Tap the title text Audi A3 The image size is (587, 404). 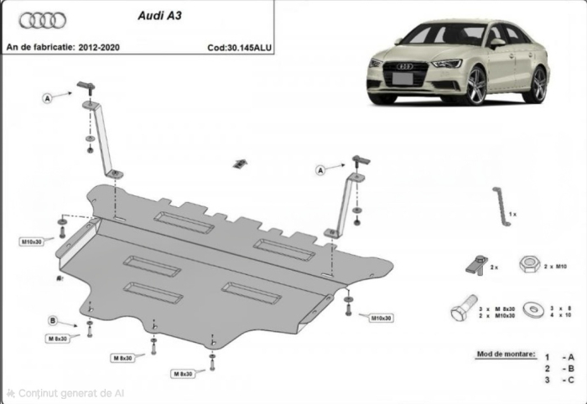(x=155, y=15)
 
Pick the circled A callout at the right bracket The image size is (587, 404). (x=320, y=170)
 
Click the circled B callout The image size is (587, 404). (x=52, y=320)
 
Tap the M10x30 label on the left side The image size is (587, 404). (x=32, y=241)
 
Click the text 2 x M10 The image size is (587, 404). (x=556, y=266)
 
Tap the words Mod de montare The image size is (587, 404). (x=505, y=355)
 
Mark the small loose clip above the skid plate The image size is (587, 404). (x=240, y=161)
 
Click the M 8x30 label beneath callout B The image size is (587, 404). (x=58, y=338)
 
